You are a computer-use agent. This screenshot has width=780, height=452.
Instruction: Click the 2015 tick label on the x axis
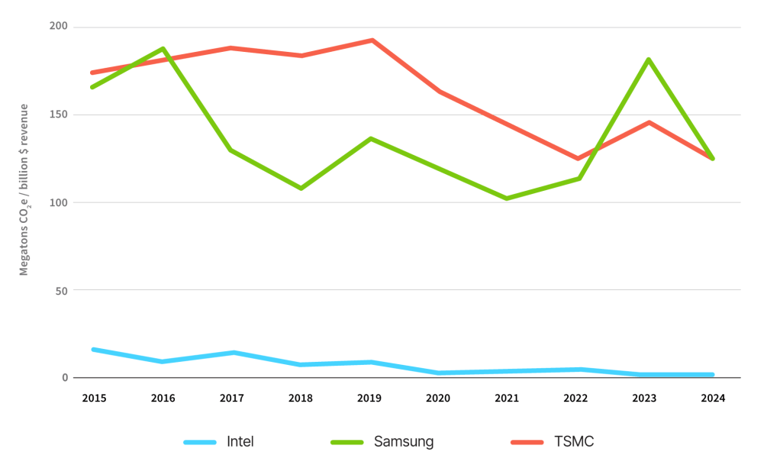[x=94, y=398]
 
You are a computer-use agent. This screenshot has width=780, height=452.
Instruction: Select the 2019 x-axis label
[x=369, y=398]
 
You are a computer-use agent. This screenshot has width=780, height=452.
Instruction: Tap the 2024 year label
[x=713, y=398]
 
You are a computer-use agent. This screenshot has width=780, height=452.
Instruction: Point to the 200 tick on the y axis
[x=59, y=27]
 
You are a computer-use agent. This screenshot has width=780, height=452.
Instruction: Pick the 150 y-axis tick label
[x=59, y=115]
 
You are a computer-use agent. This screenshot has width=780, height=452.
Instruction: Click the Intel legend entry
[x=240, y=441]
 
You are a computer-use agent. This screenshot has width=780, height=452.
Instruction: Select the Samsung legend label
[x=404, y=441]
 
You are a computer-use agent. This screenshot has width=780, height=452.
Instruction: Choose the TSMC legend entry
[x=574, y=441]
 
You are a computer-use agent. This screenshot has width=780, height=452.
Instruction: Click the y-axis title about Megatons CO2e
[x=24, y=189]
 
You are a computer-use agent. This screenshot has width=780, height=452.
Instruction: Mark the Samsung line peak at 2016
[x=163, y=49]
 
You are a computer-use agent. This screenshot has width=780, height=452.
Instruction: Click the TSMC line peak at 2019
[x=372, y=40]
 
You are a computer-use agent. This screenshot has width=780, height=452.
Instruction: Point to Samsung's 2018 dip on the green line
[x=301, y=188]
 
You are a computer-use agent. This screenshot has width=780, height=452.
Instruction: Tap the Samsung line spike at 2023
[x=648, y=60]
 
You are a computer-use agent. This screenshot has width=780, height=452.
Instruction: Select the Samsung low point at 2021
[x=507, y=199]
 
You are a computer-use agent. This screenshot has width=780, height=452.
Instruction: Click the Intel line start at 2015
[x=93, y=349]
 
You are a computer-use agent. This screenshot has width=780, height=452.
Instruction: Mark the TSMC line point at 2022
[x=579, y=158]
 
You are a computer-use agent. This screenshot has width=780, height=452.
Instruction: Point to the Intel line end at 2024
[x=712, y=375]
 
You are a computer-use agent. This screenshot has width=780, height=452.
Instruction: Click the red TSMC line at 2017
[x=231, y=48]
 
